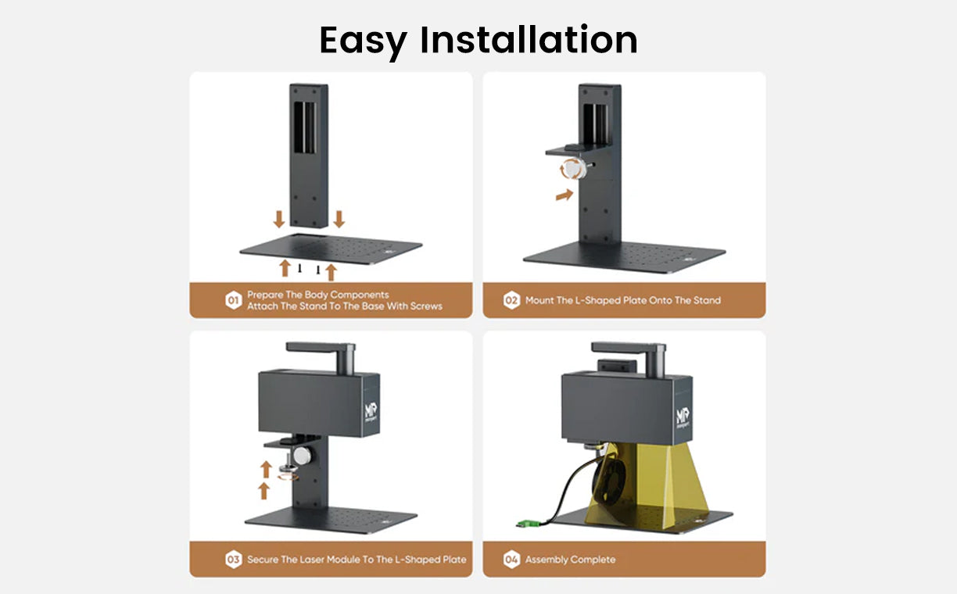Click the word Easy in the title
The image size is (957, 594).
tap(363, 41)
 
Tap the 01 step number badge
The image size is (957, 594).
tap(233, 300)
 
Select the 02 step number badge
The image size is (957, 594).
tap(511, 300)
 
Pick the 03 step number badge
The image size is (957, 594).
tap(233, 560)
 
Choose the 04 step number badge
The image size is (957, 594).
tap(511, 560)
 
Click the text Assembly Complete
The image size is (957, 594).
tap(570, 560)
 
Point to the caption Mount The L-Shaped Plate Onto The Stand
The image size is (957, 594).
tap(623, 300)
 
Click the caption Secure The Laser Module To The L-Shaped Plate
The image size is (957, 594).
tap(357, 560)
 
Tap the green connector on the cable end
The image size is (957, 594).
tap(528, 523)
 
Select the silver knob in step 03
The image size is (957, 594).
tap(303, 456)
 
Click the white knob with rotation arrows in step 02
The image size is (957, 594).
tap(573, 169)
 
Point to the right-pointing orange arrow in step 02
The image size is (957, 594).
tap(565, 195)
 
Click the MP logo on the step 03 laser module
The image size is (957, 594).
tap(371, 412)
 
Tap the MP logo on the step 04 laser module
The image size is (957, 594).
tap(683, 417)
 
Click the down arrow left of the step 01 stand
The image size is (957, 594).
tap(279, 219)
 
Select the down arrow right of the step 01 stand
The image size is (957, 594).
tap(339, 219)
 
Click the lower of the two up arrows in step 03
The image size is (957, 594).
tap(264, 491)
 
